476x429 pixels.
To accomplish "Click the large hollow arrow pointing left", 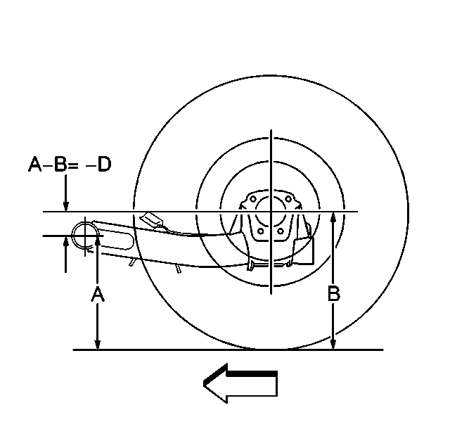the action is [x=240, y=383].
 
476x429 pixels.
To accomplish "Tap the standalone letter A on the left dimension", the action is [x=98, y=293].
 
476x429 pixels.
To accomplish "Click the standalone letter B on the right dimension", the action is [x=334, y=293].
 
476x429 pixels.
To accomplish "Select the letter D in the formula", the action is [x=105, y=165].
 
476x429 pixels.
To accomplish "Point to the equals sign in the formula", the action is [x=73, y=165].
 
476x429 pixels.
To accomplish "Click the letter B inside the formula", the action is [x=60, y=165].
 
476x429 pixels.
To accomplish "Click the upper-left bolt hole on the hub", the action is [x=252, y=199].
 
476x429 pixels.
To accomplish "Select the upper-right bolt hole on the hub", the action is [x=288, y=199].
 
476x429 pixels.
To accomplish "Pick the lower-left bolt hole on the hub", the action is [x=260, y=231].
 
